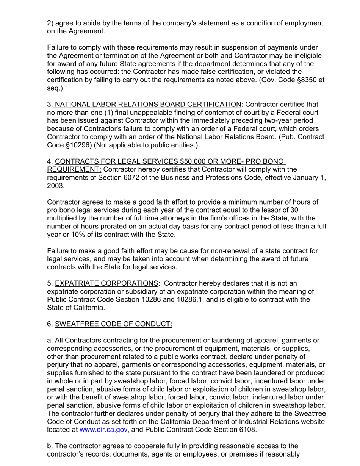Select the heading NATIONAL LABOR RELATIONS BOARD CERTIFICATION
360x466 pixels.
148,104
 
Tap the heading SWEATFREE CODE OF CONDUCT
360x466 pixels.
113,324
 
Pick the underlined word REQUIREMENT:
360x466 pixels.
74,169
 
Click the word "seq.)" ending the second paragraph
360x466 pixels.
55,88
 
